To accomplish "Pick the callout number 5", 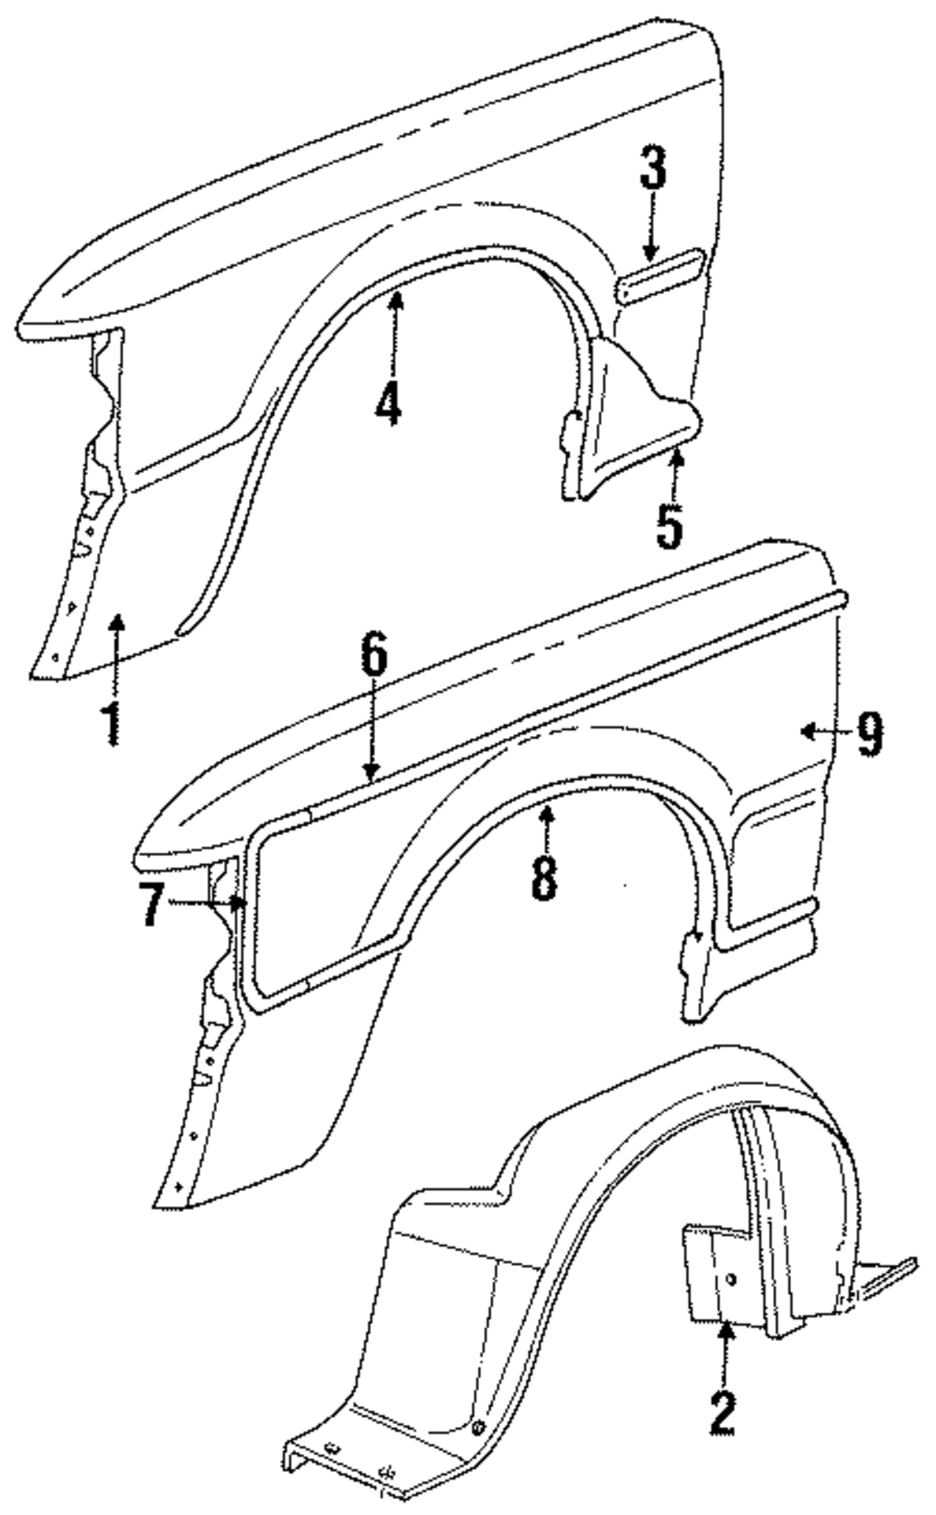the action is tap(668, 525).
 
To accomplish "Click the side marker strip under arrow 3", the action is tap(659, 277).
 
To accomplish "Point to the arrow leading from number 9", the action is tap(824, 732).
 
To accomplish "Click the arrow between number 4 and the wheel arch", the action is tap(396, 328).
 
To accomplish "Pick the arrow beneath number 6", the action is tap(373, 730).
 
